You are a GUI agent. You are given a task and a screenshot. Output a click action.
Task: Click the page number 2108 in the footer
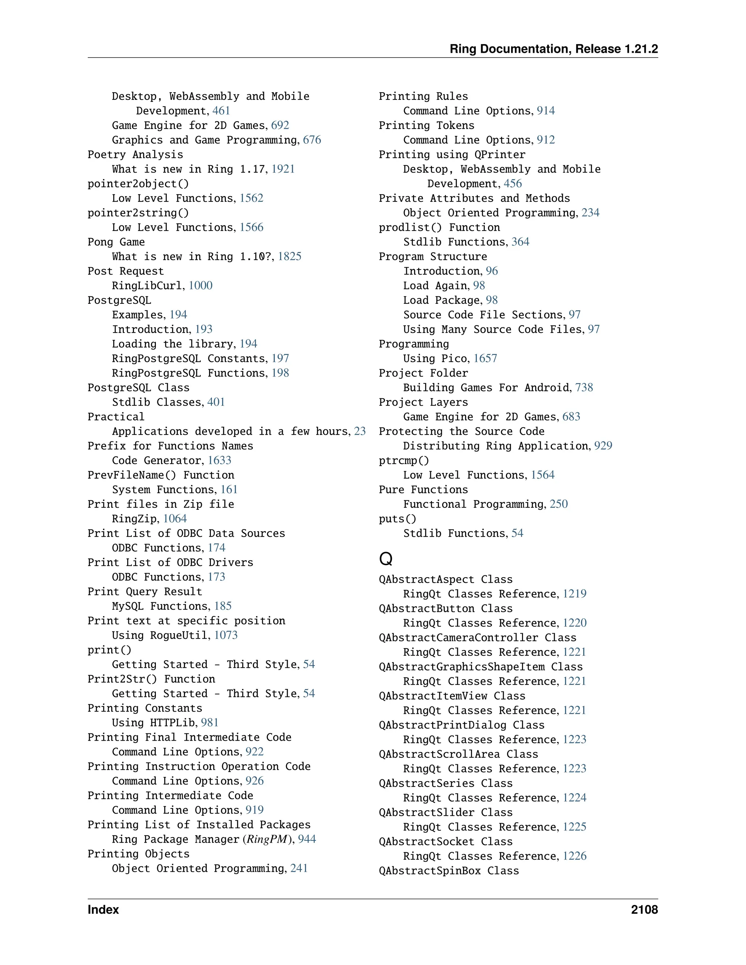(644, 910)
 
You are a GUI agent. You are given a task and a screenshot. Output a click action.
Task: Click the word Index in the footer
(103, 910)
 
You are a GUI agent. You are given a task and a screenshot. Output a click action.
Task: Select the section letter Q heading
(385, 559)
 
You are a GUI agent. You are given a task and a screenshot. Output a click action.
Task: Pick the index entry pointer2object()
(138, 184)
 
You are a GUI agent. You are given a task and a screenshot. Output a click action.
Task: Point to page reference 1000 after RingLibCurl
(200, 285)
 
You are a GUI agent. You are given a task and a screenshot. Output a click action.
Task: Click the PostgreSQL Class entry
(138, 387)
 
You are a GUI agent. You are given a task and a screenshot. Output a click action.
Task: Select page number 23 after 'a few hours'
(360, 431)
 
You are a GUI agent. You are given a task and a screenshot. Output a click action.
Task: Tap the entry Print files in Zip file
(160, 504)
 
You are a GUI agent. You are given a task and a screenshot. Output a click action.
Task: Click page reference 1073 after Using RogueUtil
(226, 635)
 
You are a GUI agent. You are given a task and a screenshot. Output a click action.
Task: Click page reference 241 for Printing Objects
(299, 868)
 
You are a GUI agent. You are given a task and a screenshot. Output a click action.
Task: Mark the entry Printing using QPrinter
(452, 155)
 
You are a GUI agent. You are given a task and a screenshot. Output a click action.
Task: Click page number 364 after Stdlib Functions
(520, 242)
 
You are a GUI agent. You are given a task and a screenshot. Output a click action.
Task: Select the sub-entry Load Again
(435, 285)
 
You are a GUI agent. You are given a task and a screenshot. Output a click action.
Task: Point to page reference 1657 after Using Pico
(485, 358)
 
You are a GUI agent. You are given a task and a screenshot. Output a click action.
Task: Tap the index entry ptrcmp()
(404, 460)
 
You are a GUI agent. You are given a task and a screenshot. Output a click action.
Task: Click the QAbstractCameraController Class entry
(477, 638)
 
